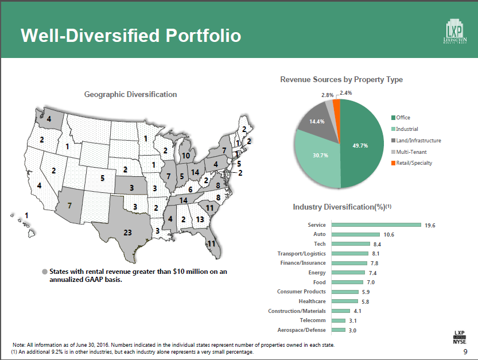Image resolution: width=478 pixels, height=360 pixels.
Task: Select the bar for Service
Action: coord(376,225)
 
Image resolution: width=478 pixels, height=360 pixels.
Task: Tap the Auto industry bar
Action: coord(355,234)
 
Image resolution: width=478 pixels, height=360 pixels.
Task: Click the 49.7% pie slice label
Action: coord(361,146)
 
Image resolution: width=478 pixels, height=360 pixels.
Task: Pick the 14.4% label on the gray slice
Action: coord(317,122)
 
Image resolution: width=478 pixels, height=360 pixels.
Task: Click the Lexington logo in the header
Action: coord(456,32)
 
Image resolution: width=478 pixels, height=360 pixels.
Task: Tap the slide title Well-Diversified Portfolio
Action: coord(131,36)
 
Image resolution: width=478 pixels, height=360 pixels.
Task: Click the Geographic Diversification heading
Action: coord(131,94)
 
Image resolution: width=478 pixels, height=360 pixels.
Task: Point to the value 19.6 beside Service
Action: coord(430,226)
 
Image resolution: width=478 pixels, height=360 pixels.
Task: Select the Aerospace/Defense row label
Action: coord(301,330)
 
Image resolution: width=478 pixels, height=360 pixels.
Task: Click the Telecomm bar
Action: coord(339,320)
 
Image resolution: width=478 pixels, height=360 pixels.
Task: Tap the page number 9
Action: coord(465,351)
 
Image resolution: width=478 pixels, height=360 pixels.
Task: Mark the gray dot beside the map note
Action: coord(44,272)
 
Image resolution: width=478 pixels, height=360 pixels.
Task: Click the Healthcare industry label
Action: coord(312,301)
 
